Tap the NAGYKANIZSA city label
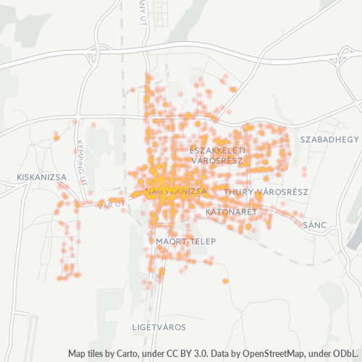pyautogui.click(x=176, y=191)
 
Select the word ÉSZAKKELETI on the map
pyautogui.click(x=218, y=150)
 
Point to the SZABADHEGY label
pyautogui.click(x=329, y=138)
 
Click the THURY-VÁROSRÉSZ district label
pyautogui.click(x=266, y=192)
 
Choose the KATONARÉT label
pyautogui.click(x=232, y=212)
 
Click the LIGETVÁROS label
pyautogui.click(x=159, y=327)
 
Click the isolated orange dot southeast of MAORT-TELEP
pyautogui.click(x=225, y=281)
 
